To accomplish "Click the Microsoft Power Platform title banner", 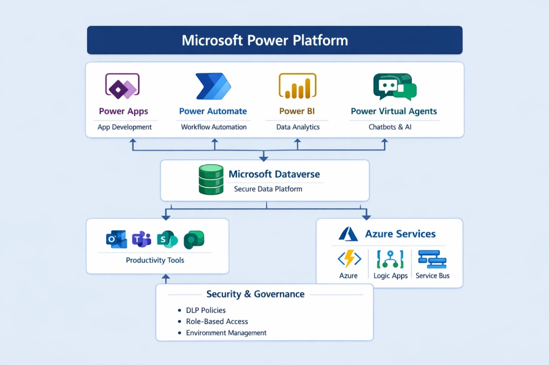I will coord(274,41).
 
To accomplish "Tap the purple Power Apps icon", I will coord(123,86).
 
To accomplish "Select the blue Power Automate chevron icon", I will coord(213,86).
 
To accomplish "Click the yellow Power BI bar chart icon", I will coord(298,87).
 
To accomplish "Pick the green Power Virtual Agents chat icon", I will coord(394,87).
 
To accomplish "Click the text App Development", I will coord(124,127).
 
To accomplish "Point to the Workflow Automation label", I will coord(213,127).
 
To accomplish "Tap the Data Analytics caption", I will coord(298,127).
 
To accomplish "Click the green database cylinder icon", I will coord(210,180).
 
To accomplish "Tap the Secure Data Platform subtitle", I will coord(268,189).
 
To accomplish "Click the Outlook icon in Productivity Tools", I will coord(116,239).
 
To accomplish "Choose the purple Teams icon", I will coord(142,239).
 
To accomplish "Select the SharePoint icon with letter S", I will coord(167,239).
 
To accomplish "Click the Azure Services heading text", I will coord(400,234).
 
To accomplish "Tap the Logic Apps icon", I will coord(390,260).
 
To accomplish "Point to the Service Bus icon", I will coord(432,260).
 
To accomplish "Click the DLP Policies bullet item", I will coord(205,310).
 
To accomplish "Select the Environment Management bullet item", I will coord(226,332).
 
